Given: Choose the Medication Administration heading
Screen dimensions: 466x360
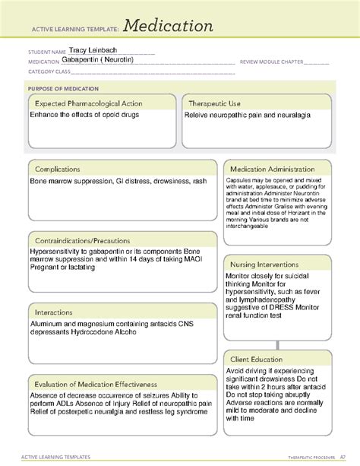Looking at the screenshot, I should click(272, 169).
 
